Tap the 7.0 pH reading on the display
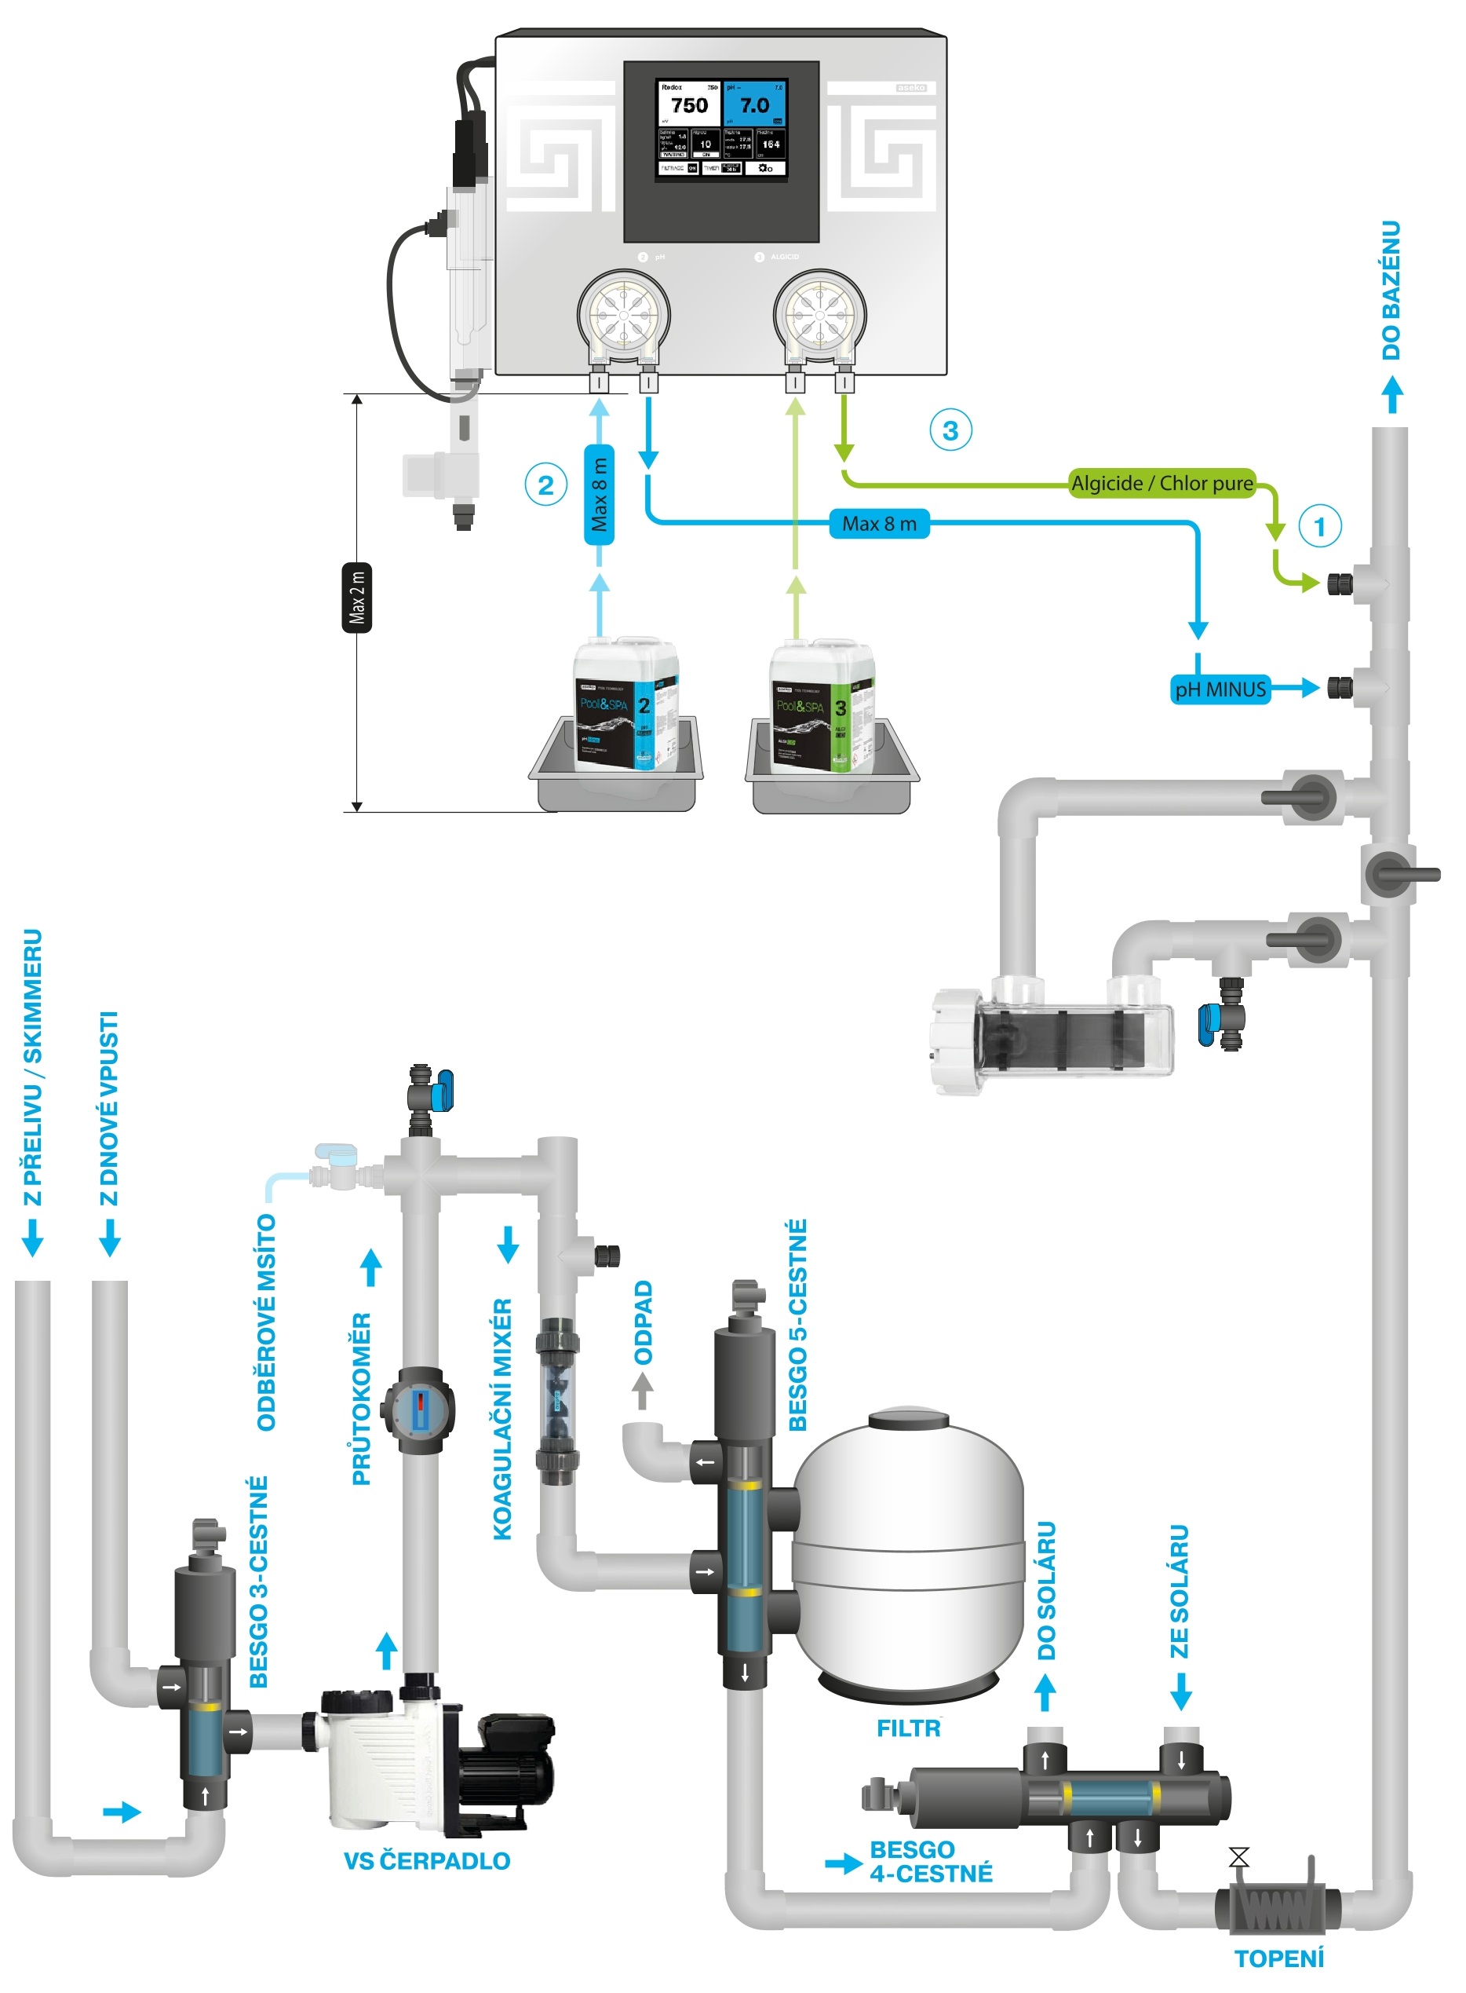click(x=754, y=106)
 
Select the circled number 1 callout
click(x=1318, y=526)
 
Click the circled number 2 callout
click(x=545, y=485)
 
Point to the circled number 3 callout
click(x=950, y=430)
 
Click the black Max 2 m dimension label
click(x=357, y=598)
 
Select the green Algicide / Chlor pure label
click(x=1161, y=483)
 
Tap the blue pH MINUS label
click(x=1220, y=689)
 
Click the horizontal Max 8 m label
click(x=878, y=524)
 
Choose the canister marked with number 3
click(x=822, y=707)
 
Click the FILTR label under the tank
click(x=908, y=1728)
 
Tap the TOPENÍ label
click(x=1278, y=1958)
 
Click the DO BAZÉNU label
click(x=1391, y=291)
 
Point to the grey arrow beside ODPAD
click(x=643, y=1390)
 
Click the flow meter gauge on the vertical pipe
click(x=419, y=1410)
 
